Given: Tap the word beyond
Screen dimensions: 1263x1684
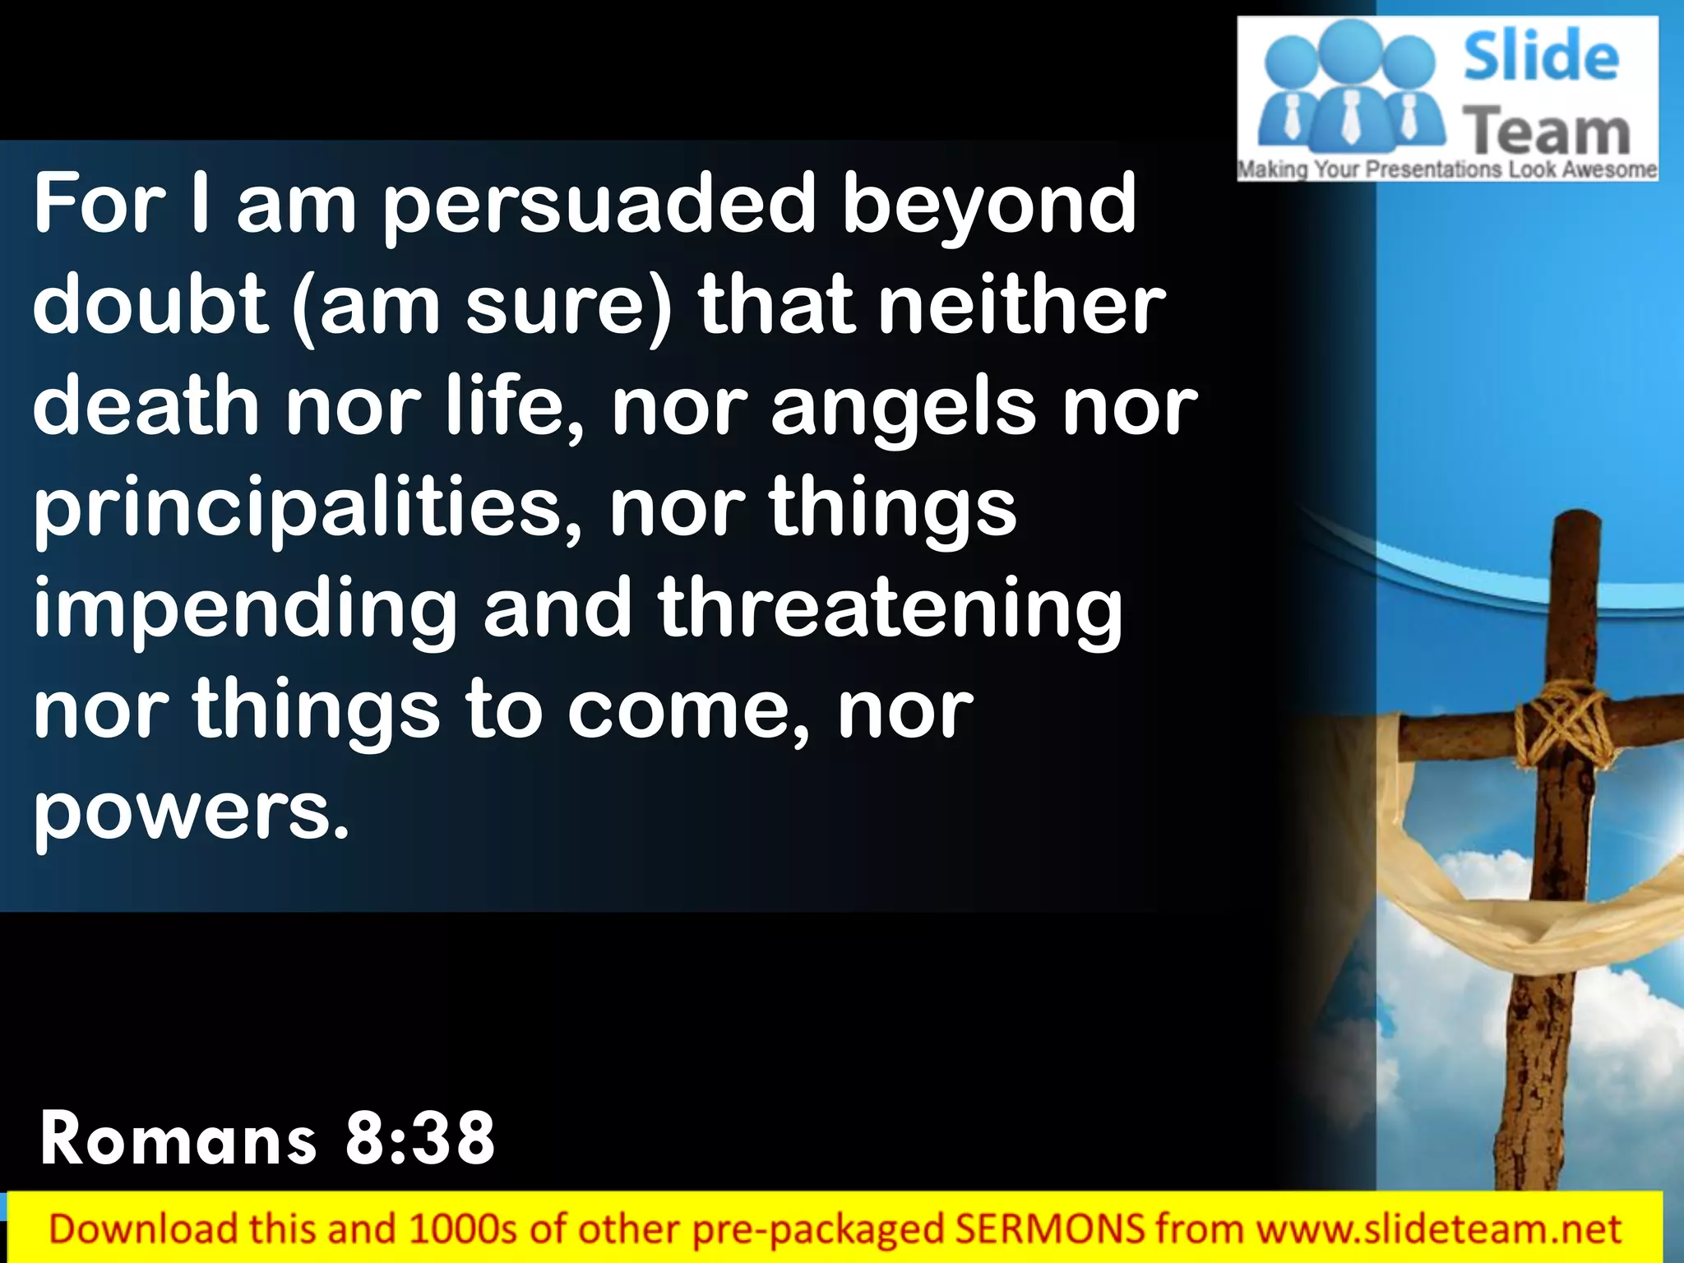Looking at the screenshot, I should (x=989, y=206).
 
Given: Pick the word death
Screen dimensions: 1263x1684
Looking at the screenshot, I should (x=146, y=406).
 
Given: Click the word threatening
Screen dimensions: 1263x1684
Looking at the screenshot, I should (x=891, y=609).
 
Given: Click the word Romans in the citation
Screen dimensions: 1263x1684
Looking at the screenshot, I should (x=178, y=1139).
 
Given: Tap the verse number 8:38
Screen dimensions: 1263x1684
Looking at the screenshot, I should (x=420, y=1139).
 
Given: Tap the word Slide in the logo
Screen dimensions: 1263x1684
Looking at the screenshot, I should (x=1541, y=56).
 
